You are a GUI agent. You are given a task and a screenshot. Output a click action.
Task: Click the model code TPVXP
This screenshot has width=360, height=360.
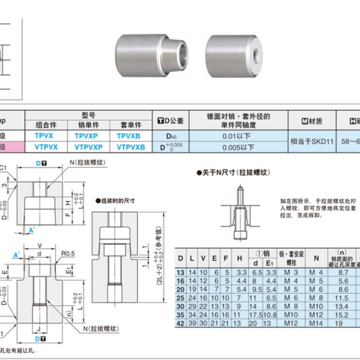click(x=88, y=135)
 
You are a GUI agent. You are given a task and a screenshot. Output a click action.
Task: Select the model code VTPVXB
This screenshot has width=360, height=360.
click(x=130, y=147)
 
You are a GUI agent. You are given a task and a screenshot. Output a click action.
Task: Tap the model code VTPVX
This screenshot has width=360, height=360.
click(x=46, y=147)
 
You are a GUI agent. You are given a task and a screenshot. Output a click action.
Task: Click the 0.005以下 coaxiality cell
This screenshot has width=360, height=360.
click(x=238, y=147)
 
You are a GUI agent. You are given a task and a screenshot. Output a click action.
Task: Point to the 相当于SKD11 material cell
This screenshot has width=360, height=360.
click(x=311, y=141)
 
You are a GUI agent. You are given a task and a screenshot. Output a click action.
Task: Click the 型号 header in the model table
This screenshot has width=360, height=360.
click(x=88, y=115)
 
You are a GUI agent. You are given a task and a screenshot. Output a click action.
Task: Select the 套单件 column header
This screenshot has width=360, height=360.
click(x=130, y=125)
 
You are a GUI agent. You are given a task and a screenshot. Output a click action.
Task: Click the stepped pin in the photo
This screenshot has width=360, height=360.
click(x=151, y=54)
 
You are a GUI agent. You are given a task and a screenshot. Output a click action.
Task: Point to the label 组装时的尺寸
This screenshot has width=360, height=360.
click(x=117, y=201)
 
